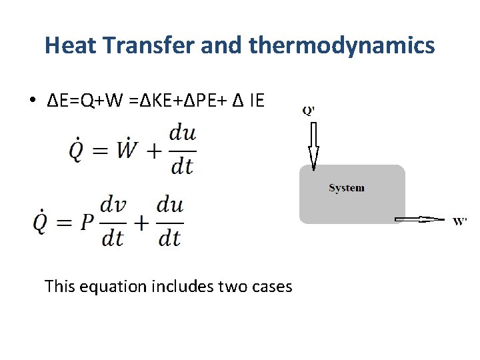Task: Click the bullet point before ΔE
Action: tap(32, 101)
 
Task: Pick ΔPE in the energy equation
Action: tap(198, 101)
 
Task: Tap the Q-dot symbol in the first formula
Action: tap(78, 150)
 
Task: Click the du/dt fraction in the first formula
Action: tap(182, 150)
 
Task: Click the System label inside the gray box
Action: tap(346, 188)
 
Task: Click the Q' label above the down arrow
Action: tap(309, 111)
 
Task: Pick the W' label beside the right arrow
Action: tap(459, 221)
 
